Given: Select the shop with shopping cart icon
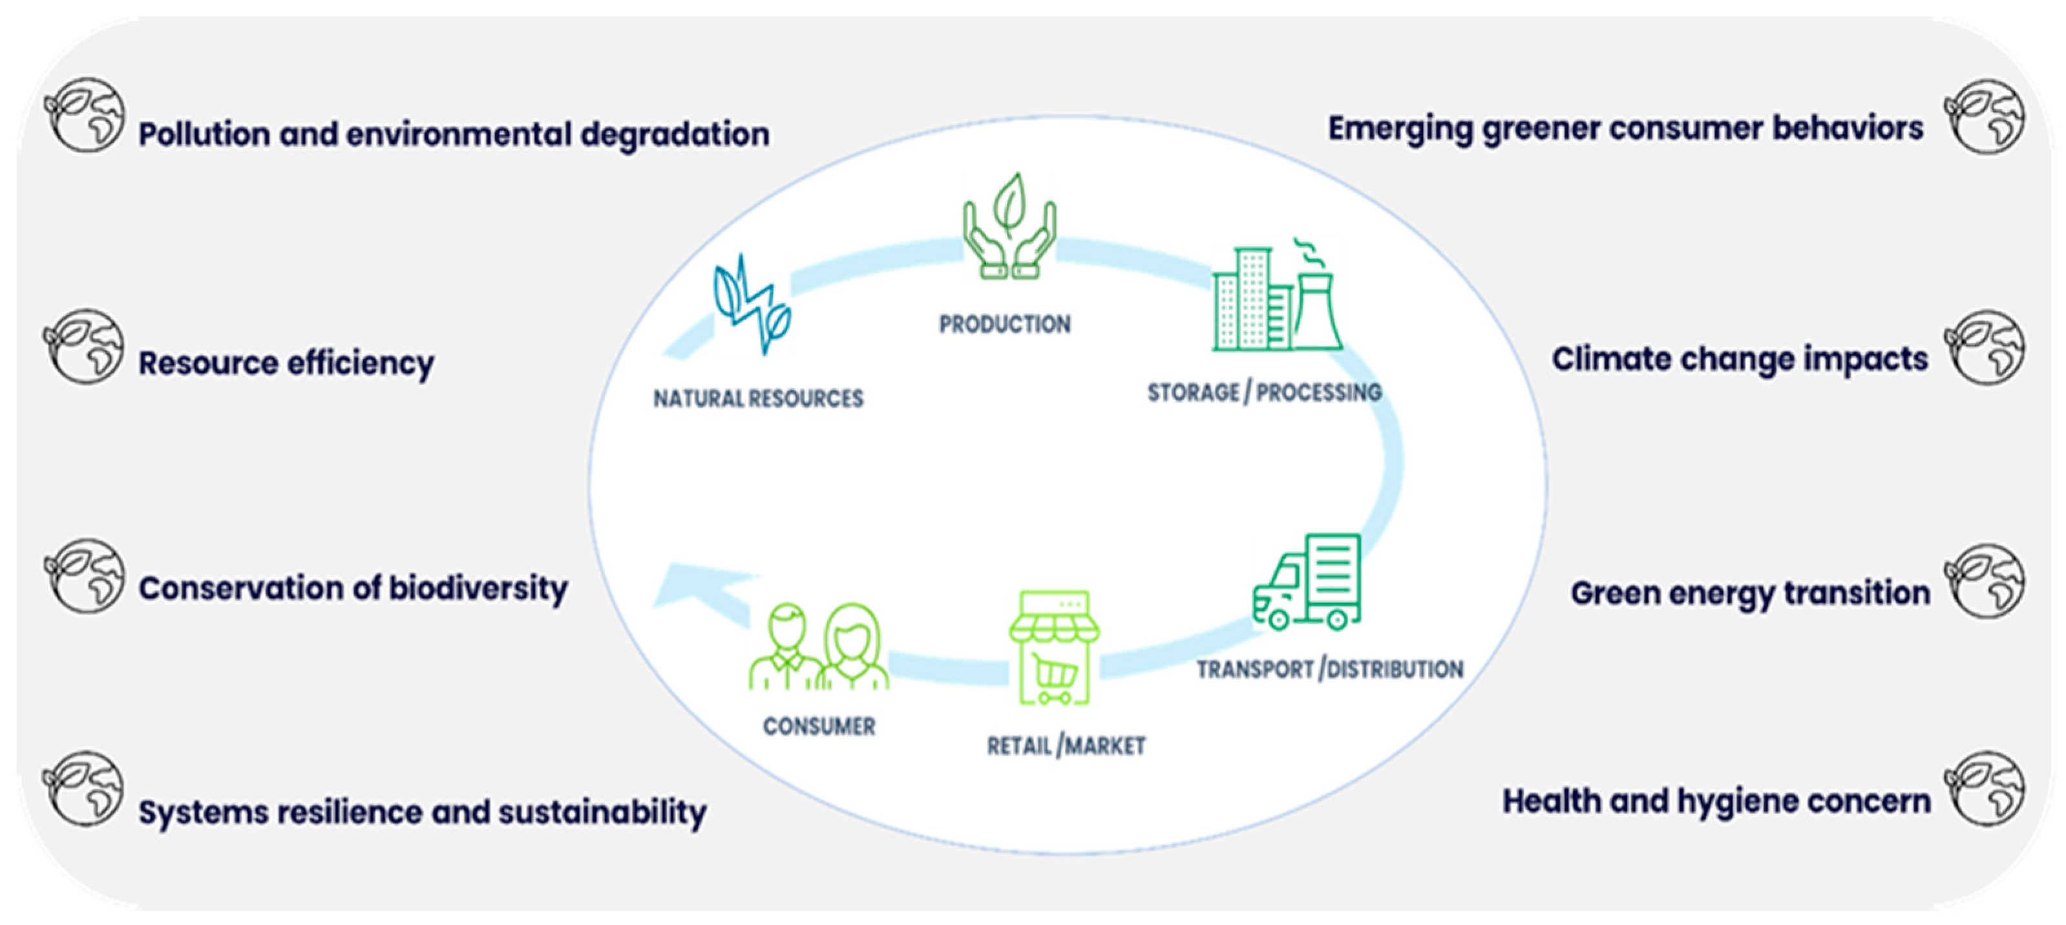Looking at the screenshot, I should (x=1054, y=648).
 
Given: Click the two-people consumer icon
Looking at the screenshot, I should (x=818, y=648).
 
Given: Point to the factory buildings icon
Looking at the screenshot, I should (x=1276, y=299).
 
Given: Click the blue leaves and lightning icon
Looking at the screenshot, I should (x=752, y=305).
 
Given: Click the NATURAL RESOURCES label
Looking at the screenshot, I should (x=758, y=399).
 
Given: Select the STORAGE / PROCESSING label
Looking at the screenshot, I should (x=1264, y=392).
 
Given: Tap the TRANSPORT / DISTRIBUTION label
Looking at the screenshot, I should (x=1329, y=669).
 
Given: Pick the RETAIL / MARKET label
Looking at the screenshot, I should (x=1065, y=746).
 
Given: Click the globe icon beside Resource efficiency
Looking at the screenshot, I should (x=84, y=347).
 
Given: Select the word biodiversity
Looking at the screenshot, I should (x=478, y=588).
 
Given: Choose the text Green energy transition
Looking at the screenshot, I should (x=1750, y=593).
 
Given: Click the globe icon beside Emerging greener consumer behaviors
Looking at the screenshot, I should (x=1983, y=117).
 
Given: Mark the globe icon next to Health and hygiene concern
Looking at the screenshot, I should (x=1983, y=789).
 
